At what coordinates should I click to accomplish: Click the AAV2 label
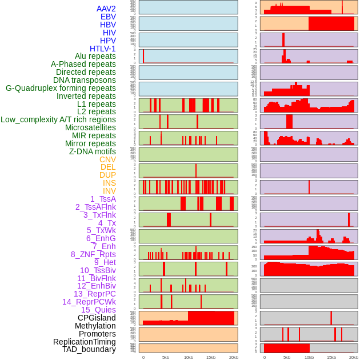106,9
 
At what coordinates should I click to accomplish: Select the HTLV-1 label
103,49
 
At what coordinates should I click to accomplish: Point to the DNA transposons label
85,80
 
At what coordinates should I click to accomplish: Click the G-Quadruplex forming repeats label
61,88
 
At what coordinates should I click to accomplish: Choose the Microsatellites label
90,127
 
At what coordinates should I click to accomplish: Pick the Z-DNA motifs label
93,151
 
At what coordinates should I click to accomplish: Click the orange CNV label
107,159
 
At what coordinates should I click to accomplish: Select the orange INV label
109,191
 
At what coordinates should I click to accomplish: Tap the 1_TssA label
103,199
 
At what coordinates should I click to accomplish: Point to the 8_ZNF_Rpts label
93,254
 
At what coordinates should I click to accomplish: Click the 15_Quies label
98,310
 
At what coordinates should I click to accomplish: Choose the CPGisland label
97,318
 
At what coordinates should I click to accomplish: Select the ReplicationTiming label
85,342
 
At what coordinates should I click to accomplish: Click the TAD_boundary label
89,349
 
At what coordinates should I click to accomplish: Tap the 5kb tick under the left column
166,357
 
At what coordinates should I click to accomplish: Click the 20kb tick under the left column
233,357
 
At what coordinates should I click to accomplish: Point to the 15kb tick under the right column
331,357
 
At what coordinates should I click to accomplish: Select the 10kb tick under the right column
309,357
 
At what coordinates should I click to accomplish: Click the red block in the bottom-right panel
286,348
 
